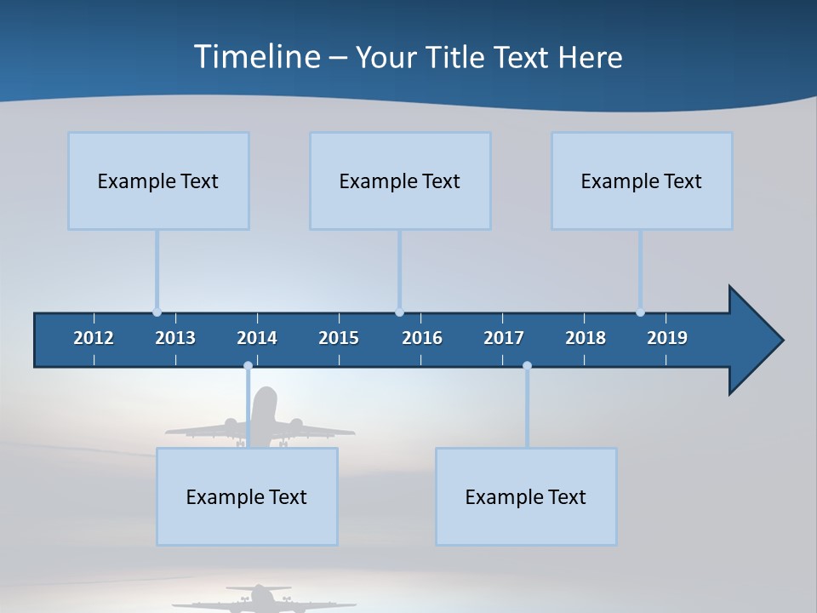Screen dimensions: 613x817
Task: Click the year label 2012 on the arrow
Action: [x=94, y=338]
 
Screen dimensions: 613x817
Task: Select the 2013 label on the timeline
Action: [x=175, y=338]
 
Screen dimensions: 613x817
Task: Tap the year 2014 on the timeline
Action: [x=257, y=338]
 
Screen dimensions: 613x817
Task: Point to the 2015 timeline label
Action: [x=339, y=338]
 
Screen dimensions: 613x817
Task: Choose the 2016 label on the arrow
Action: [x=422, y=338]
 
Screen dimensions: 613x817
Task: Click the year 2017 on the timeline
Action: [x=504, y=338]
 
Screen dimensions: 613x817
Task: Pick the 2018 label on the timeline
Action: [x=586, y=338]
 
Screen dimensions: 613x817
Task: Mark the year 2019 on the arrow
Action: [x=667, y=338]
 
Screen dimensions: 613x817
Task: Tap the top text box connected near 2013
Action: [x=158, y=181]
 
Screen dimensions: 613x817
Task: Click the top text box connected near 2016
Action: [x=400, y=181]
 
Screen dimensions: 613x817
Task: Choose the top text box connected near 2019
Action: [x=642, y=181]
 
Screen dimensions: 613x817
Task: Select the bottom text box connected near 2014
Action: [x=247, y=497]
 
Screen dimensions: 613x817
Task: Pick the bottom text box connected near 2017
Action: [x=526, y=497]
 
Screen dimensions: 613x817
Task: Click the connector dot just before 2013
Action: [x=157, y=312]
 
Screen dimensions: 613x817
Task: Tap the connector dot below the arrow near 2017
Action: [x=527, y=366]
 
